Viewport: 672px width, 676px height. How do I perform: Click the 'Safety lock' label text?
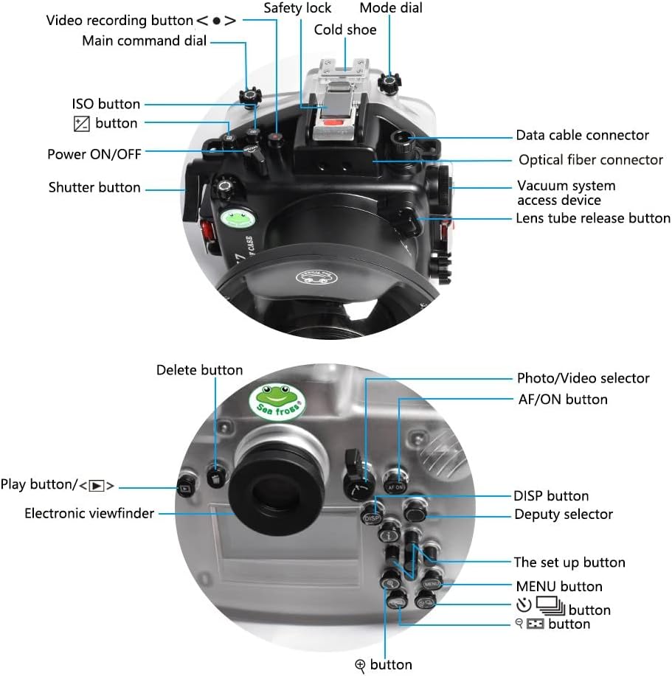click(x=297, y=8)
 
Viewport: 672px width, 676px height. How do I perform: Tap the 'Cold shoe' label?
click(x=344, y=30)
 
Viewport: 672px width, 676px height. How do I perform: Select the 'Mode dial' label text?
click(x=391, y=8)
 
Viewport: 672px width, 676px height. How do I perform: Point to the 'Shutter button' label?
click(x=94, y=187)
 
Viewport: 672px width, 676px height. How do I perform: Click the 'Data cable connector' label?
click(x=582, y=135)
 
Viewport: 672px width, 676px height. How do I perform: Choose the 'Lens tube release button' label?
click(x=592, y=218)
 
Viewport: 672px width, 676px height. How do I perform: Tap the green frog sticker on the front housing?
click(x=237, y=218)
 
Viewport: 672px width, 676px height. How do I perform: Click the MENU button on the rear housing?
click(x=432, y=585)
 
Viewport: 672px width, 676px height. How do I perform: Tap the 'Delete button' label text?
click(x=199, y=370)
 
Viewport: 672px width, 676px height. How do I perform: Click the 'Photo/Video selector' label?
click(x=583, y=378)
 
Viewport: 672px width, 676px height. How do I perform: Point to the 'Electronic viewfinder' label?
click(x=89, y=513)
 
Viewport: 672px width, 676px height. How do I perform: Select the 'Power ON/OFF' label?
click(x=94, y=154)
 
